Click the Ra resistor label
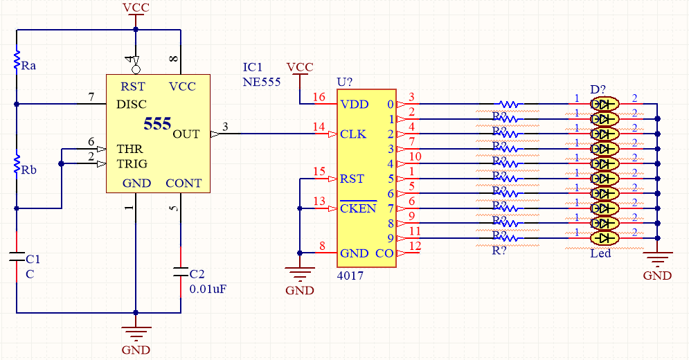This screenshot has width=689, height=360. pyautogui.click(x=28, y=66)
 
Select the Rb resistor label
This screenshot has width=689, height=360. pyautogui.click(x=28, y=170)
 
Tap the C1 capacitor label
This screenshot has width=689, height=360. pyautogui.click(x=33, y=259)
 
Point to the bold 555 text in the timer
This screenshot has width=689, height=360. pyautogui.click(x=157, y=124)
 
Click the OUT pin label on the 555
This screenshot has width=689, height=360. pyautogui.click(x=186, y=134)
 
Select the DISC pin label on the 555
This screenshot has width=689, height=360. pyautogui.click(x=132, y=105)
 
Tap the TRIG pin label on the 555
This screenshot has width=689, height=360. pyautogui.click(x=132, y=164)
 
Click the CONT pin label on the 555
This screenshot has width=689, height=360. pyautogui.click(x=184, y=183)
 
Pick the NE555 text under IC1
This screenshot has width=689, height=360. pyautogui.click(x=261, y=81)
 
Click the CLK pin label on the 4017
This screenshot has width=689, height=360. pyautogui.click(x=353, y=134)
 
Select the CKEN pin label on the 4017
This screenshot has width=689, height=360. pyautogui.click(x=358, y=208)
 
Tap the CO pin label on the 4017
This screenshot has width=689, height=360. pyautogui.click(x=384, y=254)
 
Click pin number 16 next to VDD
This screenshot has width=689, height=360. pyautogui.click(x=319, y=97)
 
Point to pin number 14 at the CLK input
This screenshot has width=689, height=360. pyautogui.click(x=319, y=127)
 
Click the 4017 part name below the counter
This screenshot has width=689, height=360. pyautogui.click(x=350, y=276)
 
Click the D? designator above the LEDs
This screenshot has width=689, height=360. pyautogui.click(x=598, y=90)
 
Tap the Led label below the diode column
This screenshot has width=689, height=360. pyautogui.click(x=600, y=253)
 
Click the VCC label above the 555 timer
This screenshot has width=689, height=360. pyautogui.click(x=136, y=8)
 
